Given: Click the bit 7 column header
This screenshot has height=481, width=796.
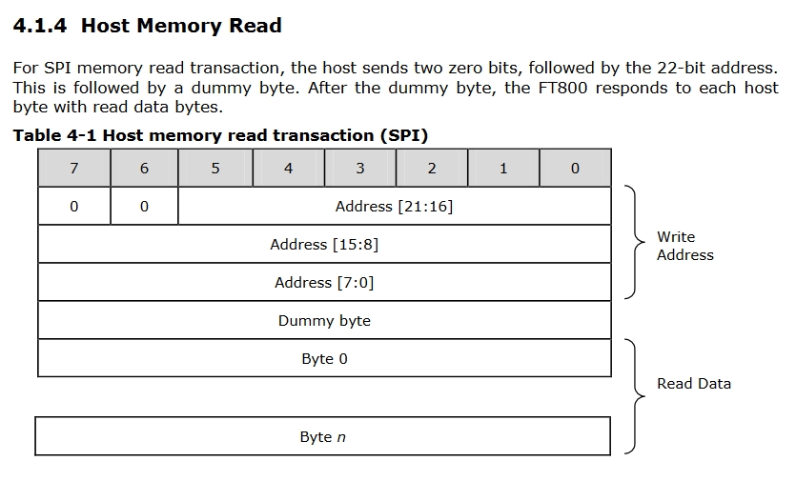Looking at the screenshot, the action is click(74, 168).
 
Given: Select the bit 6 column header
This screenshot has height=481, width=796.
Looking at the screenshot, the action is click(144, 168).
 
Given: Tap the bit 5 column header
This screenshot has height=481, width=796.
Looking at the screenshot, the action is click(215, 168).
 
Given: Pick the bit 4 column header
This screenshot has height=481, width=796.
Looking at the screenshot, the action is click(288, 168).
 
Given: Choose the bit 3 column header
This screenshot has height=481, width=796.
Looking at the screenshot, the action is click(360, 168).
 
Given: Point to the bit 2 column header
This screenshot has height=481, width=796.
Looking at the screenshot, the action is click(432, 168).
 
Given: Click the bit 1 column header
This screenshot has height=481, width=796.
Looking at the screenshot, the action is click(503, 168).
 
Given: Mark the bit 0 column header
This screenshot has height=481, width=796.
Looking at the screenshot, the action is click(575, 168).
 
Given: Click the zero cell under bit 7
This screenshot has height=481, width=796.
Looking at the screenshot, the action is click(74, 206).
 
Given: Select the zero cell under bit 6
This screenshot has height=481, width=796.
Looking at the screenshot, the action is click(144, 206).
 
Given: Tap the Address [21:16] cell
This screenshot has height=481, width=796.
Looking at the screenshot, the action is click(395, 206).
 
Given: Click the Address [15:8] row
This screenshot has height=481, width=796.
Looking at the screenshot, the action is click(324, 244).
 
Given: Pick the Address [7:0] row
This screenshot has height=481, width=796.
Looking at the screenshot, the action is click(324, 282).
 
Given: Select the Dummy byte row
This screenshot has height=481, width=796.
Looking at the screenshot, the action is click(324, 320).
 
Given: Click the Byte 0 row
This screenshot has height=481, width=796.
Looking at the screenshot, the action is click(324, 358).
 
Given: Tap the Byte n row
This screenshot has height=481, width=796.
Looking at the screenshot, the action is click(323, 436).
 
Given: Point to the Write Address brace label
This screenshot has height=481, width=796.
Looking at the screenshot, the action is click(685, 246).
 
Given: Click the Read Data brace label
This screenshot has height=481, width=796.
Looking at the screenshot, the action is click(694, 384).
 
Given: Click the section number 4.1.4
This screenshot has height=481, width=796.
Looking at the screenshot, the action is click(40, 26).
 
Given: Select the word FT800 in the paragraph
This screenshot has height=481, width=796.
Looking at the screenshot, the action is click(562, 88).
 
